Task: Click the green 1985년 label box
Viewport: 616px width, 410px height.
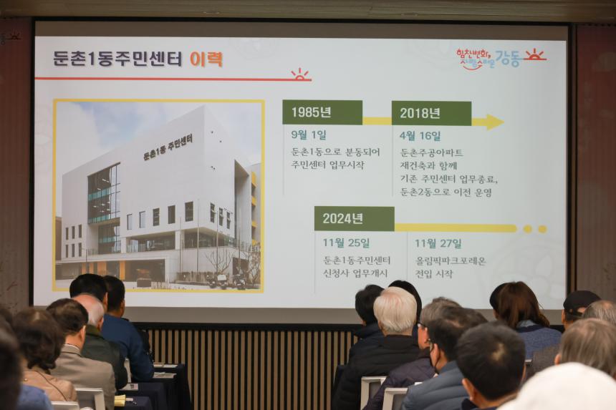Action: pos(322,112)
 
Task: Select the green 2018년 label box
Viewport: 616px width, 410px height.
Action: pos(431,113)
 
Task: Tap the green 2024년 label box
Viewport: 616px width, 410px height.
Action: pos(354,218)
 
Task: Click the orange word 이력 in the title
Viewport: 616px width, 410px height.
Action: pos(206,59)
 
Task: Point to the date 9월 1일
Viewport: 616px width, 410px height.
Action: pos(309,135)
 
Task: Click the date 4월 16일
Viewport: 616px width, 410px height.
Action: pos(420,136)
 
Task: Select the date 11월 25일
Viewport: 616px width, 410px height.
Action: pos(346,243)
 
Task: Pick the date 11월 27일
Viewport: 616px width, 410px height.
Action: pos(438,243)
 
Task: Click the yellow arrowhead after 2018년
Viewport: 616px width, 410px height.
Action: pos(493,122)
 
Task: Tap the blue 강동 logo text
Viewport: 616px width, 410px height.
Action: pos(508,59)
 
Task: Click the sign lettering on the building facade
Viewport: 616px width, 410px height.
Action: pos(168,147)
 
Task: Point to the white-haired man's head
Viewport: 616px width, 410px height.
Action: pos(395,310)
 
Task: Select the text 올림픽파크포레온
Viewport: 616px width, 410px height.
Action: pos(451,260)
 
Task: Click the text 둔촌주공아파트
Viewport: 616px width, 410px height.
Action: pos(431,152)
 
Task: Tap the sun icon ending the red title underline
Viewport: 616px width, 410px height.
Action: pos(299,74)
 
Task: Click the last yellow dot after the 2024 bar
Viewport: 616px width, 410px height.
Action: pos(542,229)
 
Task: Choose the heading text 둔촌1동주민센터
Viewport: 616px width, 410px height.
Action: pos(117,59)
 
